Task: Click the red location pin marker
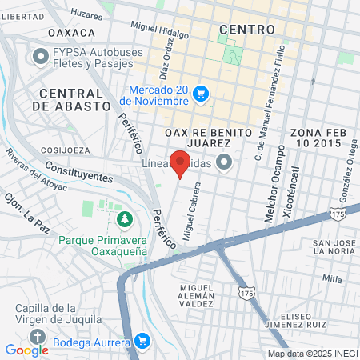pos(181,163)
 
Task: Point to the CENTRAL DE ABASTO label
pos(72,99)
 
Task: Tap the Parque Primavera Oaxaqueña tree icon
pos(125,219)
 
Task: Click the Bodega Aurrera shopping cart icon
pos(142,342)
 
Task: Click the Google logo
pos(26,350)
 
